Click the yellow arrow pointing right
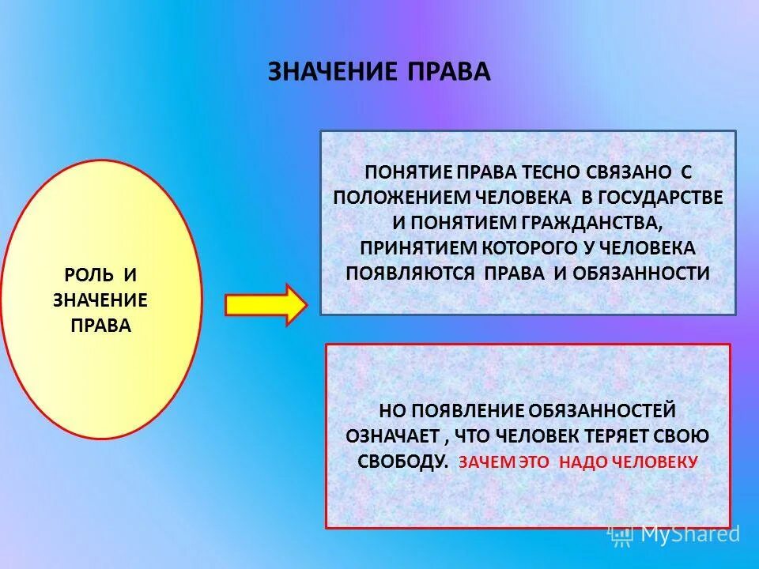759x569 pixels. point(266,304)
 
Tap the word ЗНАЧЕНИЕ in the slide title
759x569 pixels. point(332,71)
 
